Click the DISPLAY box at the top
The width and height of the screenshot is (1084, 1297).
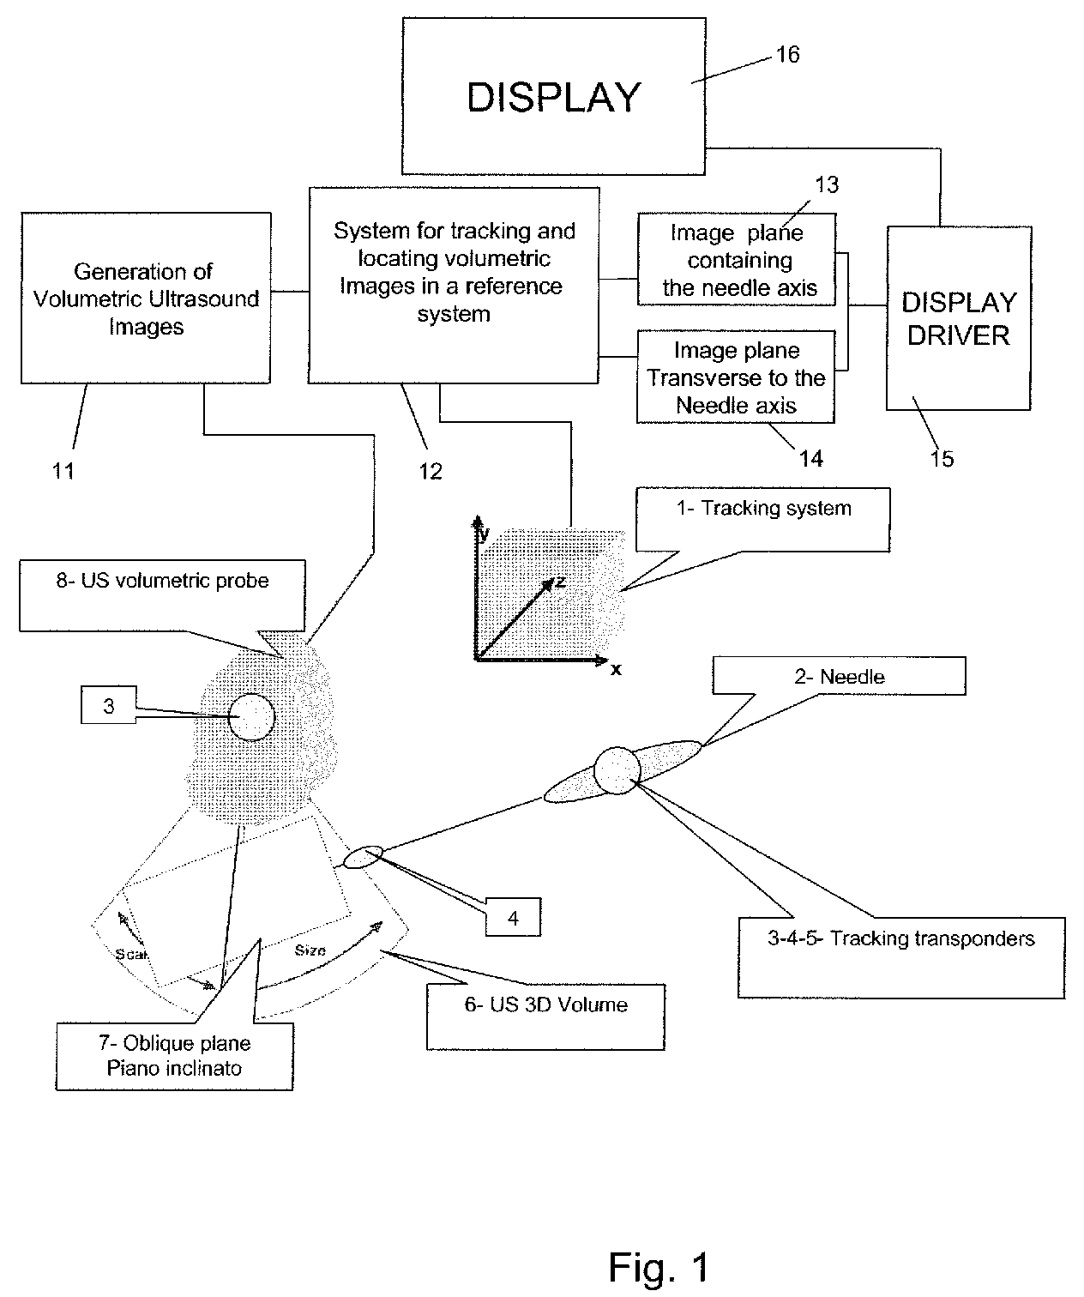pyautogui.click(x=553, y=96)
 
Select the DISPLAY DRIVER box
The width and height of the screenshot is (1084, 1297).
pyautogui.click(x=958, y=318)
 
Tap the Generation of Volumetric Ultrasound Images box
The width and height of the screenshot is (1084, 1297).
pyautogui.click(x=146, y=299)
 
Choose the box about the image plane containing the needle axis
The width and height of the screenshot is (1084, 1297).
pyautogui.click(x=737, y=259)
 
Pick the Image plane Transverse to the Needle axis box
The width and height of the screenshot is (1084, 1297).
pyautogui.click(x=736, y=377)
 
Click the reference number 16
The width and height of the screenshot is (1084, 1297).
pyautogui.click(x=787, y=55)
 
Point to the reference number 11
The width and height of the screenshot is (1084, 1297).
pyautogui.click(x=63, y=470)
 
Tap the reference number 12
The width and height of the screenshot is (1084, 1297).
pyautogui.click(x=430, y=470)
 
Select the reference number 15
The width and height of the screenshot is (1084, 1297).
pyautogui.click(x=942, y=459)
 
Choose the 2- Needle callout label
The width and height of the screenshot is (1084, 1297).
pyautogui.click(x=839, y=676)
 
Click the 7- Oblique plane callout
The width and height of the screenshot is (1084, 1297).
pyautogui.click(x=174, y=1056)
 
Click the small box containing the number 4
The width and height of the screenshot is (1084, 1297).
pyautogui.click(x=513, y=918)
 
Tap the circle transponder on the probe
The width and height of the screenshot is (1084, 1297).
pyautogui.click(x=251, y=717)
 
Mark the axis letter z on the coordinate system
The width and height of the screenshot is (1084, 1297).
pyautogui.click(x=560, y=582)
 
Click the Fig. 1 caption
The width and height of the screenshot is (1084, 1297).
pyautogui.click(x=659, y=1266)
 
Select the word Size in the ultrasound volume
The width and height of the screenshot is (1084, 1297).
pyautogui.click(x=310, y=950)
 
